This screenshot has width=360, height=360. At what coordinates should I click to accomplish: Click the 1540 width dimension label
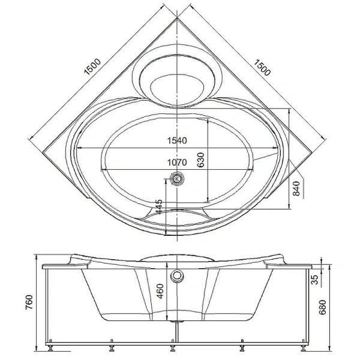(x=177, y=140)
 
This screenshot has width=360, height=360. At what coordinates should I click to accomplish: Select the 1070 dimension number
(x=177, y=163)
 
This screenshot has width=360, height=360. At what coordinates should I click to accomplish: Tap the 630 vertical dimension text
(x=200, y=160)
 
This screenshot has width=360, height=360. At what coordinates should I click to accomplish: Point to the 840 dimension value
(x=296, y=188)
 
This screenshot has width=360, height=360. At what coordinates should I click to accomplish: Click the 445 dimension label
(x=159, y=206)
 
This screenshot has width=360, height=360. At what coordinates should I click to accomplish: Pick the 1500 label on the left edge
(x=92, y=67)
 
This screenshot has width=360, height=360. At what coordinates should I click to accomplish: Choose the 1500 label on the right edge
(x=262, y=67)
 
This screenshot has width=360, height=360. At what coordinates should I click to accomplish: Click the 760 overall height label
(x=29, y=302)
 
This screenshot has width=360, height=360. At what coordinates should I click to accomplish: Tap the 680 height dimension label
(x=322, y=307)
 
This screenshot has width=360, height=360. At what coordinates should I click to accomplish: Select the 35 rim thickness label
(x=315, y=280)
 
